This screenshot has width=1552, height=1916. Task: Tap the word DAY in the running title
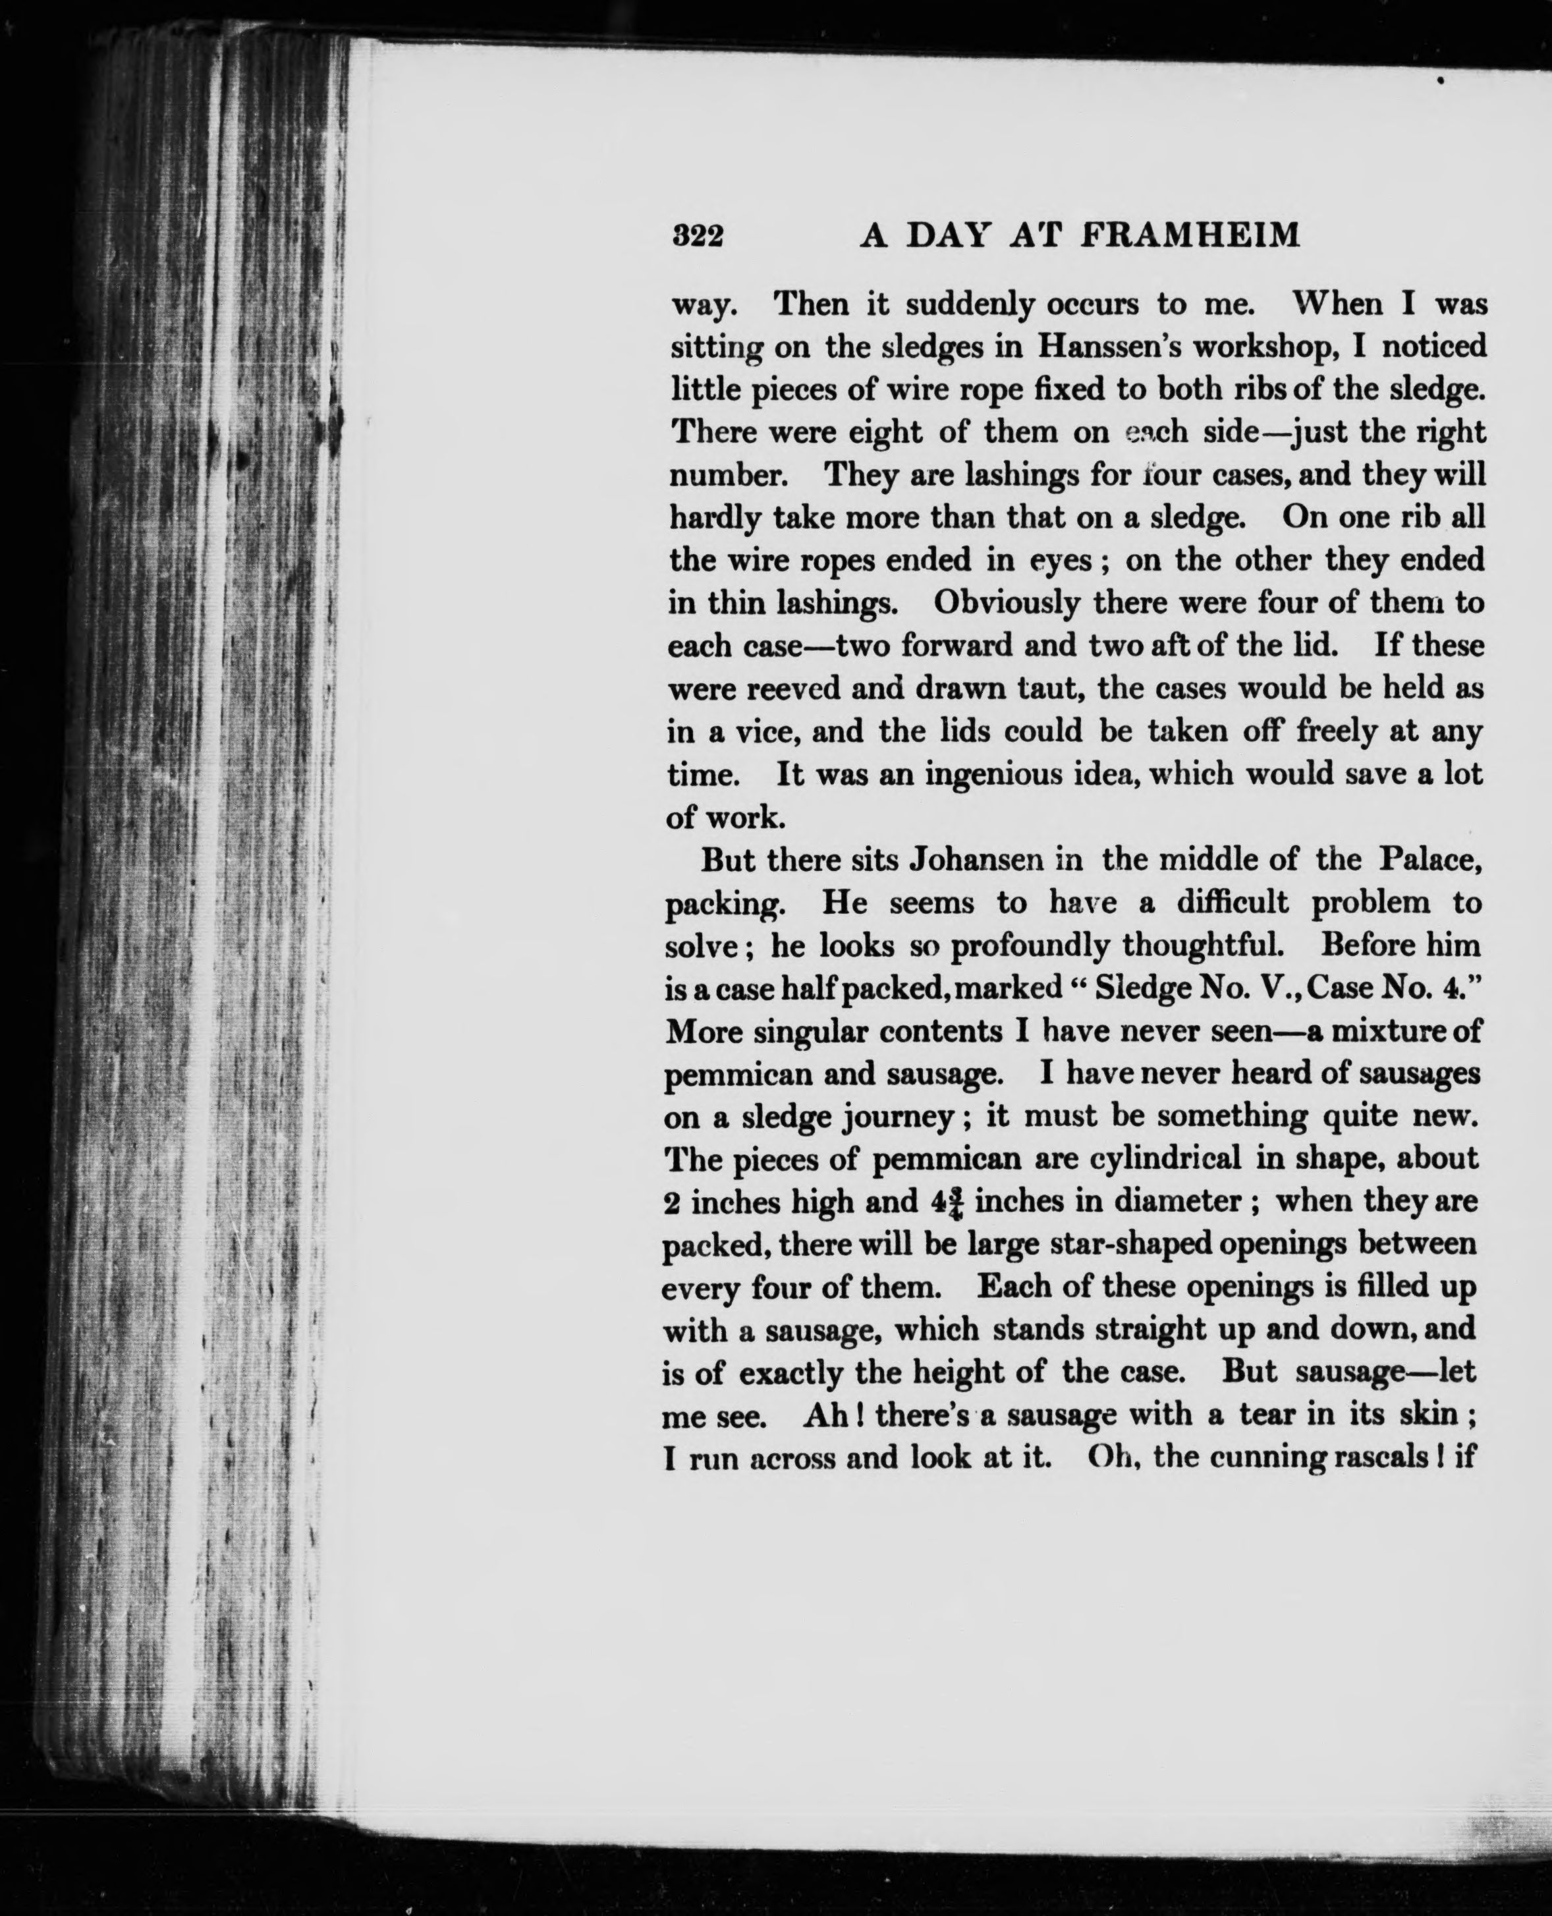[949, 235]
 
